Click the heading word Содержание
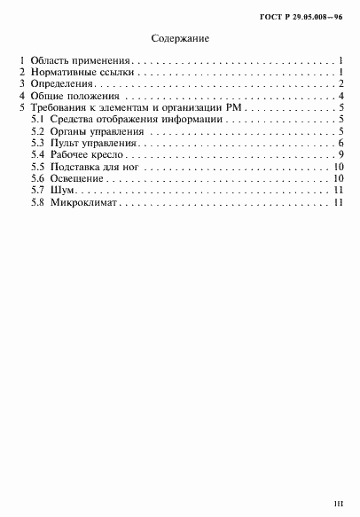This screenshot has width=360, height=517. tap(181, 40)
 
